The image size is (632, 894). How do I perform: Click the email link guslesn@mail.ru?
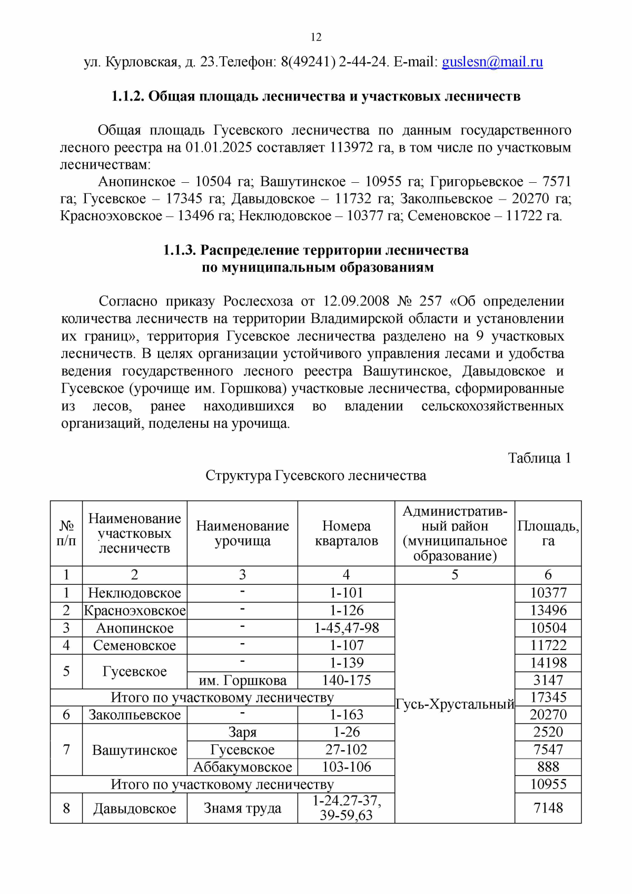(492, 62)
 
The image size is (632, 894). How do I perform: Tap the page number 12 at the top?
(316, 37)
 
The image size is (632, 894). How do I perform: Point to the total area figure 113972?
(351, 148)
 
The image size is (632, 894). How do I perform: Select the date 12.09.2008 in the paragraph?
(356, 301)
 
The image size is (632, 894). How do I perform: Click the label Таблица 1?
(539, 458)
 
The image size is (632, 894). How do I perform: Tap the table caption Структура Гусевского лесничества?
(315, 476)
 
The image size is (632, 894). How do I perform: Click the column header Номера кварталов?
(346, 533)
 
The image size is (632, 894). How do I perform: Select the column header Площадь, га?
(548, 533)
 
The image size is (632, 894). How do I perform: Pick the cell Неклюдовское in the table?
(134, 593)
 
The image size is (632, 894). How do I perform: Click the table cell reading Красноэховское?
(135, 611)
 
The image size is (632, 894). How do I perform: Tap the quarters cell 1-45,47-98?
(346, 628)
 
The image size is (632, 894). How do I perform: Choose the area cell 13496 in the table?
(548, 611)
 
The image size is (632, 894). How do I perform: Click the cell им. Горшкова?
(242, 681)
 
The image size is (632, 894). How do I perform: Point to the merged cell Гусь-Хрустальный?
(455, 704)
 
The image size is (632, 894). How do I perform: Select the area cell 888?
(548, 767)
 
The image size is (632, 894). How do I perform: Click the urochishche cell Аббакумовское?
(242, 767)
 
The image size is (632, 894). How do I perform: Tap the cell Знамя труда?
(242, 808)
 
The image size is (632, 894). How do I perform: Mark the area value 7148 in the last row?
(548, 808)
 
